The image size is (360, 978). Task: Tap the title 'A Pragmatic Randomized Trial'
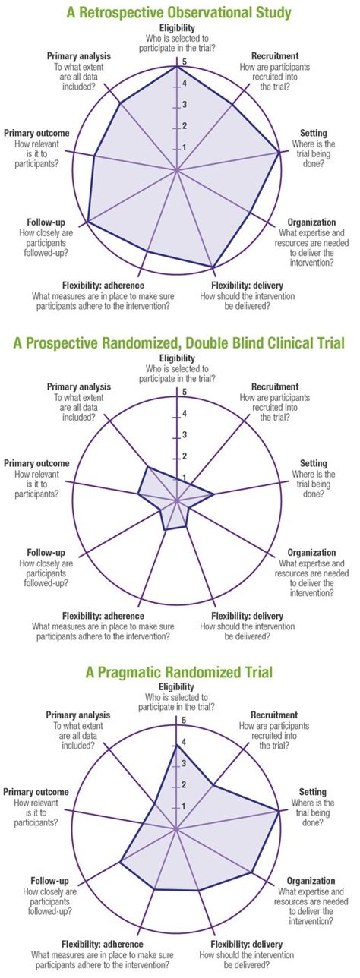179,671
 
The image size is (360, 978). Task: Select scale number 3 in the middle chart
183,434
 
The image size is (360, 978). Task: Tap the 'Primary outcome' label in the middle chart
36,463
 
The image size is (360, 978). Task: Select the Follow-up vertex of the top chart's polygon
88,222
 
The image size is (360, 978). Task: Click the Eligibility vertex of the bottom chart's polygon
177,745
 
